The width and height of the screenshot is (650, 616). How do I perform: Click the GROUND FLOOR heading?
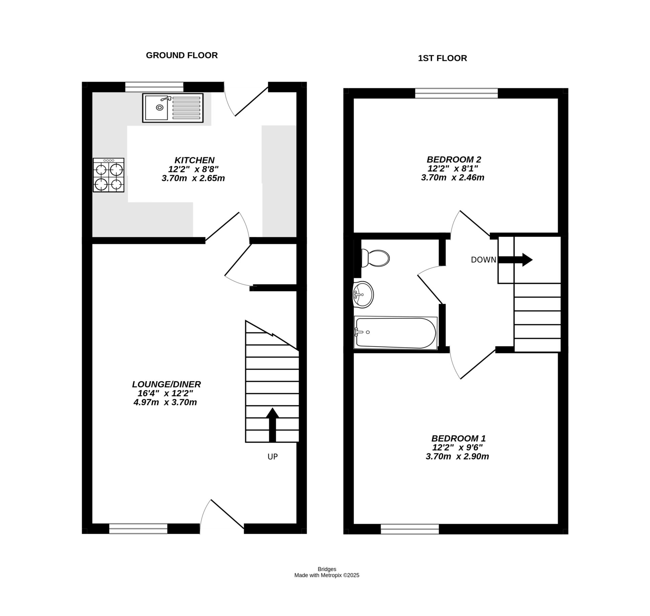[181, 55]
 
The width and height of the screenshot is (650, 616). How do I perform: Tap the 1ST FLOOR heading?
[442, 58]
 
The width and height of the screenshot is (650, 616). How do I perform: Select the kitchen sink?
[173, 108]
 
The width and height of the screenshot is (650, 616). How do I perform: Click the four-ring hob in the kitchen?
[108, 175]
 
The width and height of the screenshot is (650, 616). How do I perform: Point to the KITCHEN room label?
[194, 160]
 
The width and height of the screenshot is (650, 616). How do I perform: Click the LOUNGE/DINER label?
[166, 384]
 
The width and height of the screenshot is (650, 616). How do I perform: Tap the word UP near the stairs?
[273, 457]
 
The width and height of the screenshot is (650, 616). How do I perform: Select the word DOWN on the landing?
[483, 260]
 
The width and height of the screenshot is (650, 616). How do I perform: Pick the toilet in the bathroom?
[375, 259]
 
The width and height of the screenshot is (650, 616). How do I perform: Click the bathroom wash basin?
[363, 294]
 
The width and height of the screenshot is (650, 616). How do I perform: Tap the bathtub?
[395, 333]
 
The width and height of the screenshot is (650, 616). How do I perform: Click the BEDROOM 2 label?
[454, 159]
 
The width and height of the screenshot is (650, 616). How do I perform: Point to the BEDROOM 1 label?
[458, 438]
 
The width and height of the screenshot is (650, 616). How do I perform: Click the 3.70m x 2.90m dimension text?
[457, 456]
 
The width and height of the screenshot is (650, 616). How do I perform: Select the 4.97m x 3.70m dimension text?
[165, 402]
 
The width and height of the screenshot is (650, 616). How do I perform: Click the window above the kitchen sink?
[154, 87]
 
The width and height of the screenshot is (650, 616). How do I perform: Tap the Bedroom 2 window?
[456, 93]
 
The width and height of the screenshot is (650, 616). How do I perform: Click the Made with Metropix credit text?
[326, 575]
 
